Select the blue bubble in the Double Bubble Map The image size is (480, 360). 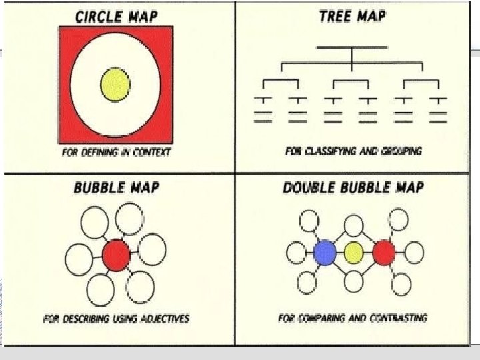point(325,253)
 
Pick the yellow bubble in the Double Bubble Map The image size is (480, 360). point(354,253)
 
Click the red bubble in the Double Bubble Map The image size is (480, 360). point(384,253)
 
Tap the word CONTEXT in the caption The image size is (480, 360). point(149,152)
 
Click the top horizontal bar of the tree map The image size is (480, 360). point(352,47)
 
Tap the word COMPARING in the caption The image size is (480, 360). point(321,317)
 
